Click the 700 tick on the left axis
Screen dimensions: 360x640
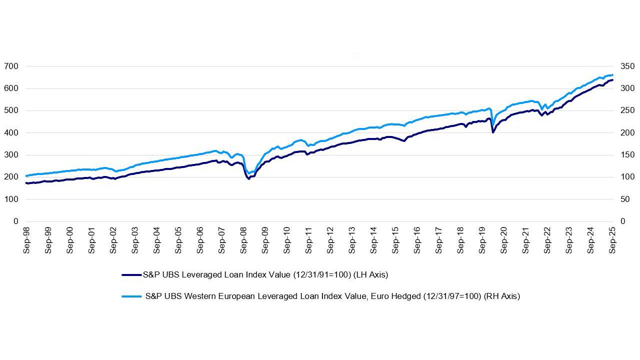[x=11, y=66]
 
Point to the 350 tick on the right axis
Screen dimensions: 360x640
[x=626, y=66]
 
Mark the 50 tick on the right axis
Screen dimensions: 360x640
[x=624, y=199]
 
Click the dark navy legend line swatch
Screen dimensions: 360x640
[x=131, y=274]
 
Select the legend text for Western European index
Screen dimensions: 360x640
[x=332, y=296]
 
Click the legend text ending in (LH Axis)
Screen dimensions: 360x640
[x=265, y=274]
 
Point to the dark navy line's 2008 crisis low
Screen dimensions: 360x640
[x=249, y=178]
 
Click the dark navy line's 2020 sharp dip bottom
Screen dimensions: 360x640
[x=493, y=132]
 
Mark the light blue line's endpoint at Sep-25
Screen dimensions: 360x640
[x=612, y=75]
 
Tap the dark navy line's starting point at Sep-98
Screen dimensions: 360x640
[x=26, y=183]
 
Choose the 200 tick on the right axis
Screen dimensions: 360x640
[x=626, y=133]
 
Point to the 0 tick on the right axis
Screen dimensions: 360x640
[x=622, y=221]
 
